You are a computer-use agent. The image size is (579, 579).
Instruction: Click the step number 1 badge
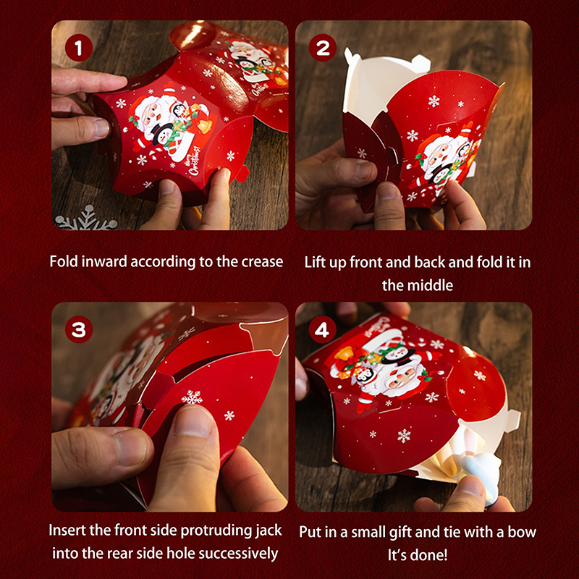tap(79, 48)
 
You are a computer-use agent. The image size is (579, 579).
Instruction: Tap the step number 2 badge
tap(323, 48)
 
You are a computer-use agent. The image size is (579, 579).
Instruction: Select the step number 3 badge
tap(79, 329)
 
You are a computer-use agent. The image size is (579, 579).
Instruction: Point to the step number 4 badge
tap(323, 329)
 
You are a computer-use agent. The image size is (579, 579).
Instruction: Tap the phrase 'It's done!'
tap(418, 555)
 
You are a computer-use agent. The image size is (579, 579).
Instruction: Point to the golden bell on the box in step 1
tap(203, 125)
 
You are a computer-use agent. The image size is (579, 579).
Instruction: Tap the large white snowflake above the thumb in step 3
tap(192, 397)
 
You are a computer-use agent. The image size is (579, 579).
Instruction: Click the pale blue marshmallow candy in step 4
tap(482, 476)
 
